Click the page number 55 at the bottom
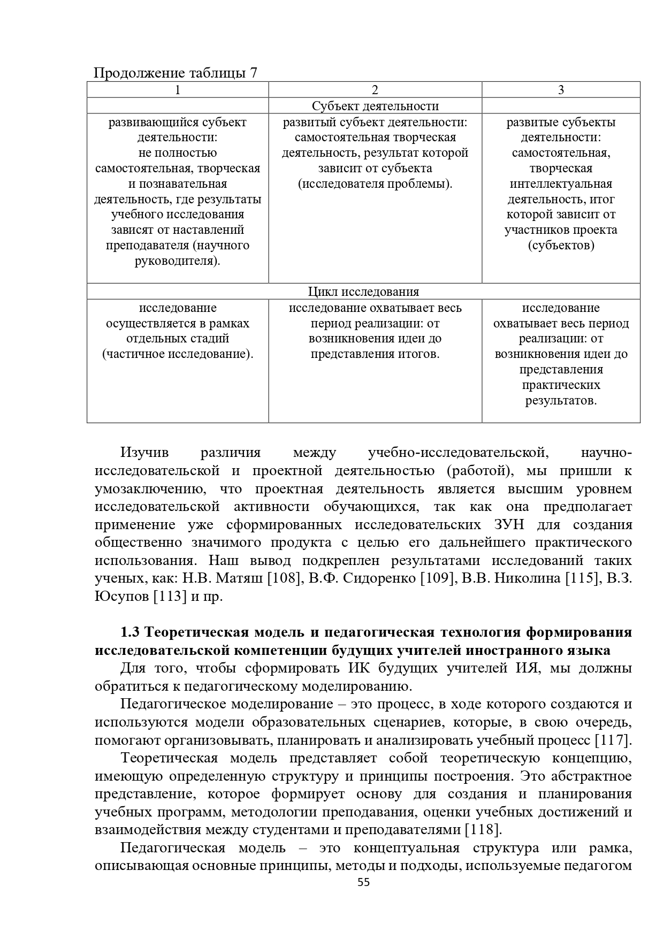pyautogui.click(x=363, y=883)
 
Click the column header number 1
pyautogui.click(x=178, y=90)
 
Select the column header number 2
pyautogui.click(x=375, y=90)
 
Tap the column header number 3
pyautogui.click(x=561, y=90)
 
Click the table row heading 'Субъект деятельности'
pyautogui.click(x=375, y=106)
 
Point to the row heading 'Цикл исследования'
pyautogui.click(x=363, y=292)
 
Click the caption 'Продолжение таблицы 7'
pyautogui.click(x=175, y=73)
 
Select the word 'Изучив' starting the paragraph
pyautogui.click(x=144, y=453)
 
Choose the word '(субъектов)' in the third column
pyautogui.click(x=561, y=246)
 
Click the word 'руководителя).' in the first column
pyautogui.click(x=178, y=261)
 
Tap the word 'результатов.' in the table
pyautogui.click(x=561, y=400)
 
